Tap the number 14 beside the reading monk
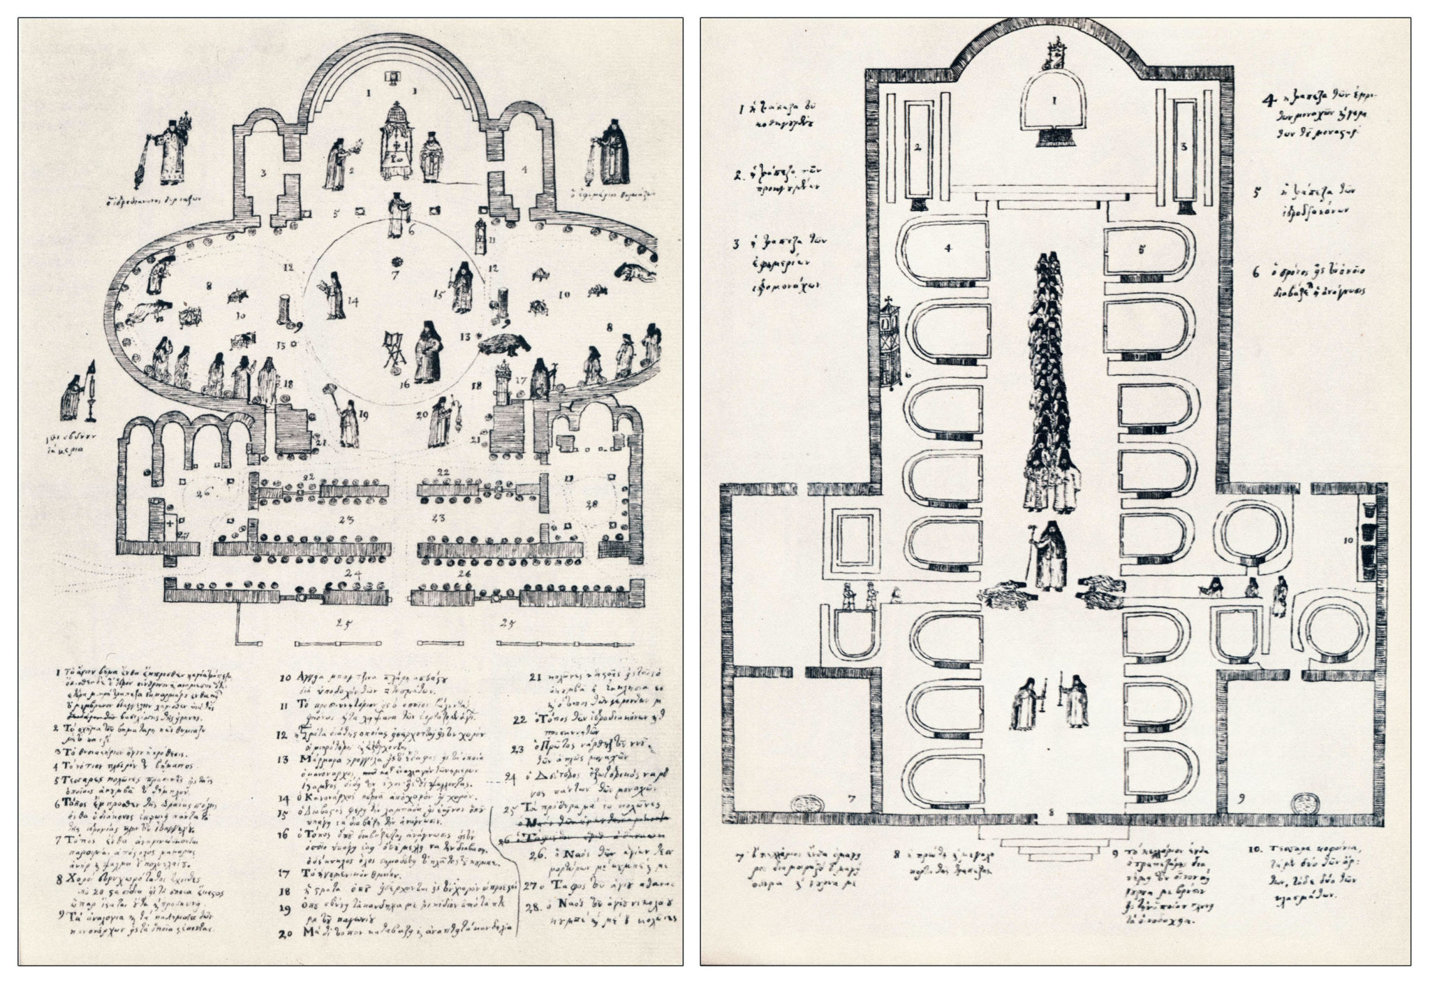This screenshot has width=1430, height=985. [353, 302]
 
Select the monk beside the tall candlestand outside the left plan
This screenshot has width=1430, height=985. [71, 396]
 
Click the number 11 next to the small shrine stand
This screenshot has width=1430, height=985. [492, 240]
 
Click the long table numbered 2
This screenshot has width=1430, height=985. [919, 148]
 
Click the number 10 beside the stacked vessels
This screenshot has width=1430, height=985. [1349, 540]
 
